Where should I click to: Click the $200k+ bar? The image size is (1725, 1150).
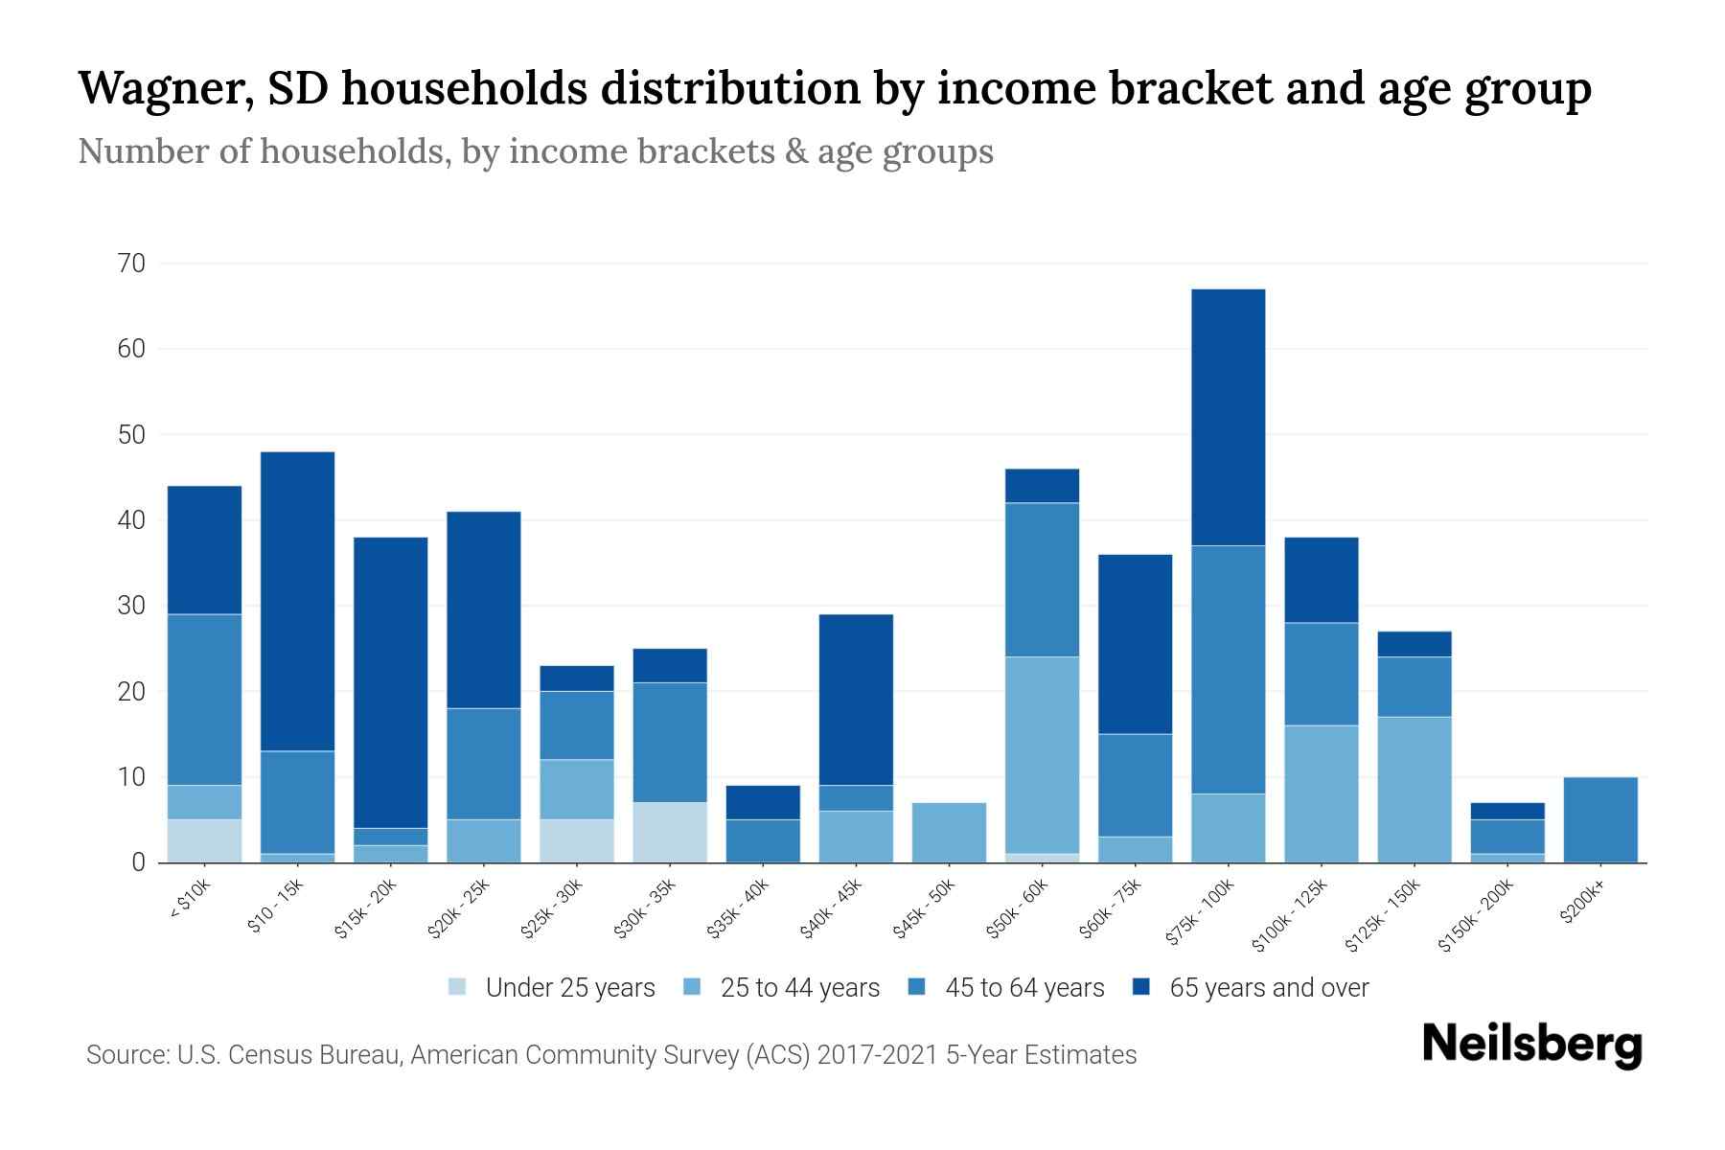pos(1599,819)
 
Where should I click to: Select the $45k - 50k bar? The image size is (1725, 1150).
pos(949,832)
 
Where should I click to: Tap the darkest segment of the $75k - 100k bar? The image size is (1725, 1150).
pos(1228,417)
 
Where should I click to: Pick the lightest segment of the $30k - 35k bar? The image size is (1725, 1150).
pos(670,832)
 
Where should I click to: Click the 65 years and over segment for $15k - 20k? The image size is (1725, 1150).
pos(390,682)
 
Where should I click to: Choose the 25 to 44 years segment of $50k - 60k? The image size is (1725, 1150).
pos(1042,755)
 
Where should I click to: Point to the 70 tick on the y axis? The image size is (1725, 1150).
pos(132,264)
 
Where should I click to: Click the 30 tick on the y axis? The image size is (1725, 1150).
pos(132,606)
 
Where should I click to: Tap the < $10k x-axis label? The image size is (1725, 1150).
pos(190,899)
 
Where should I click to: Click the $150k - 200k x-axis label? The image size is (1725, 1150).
pos(1477,915)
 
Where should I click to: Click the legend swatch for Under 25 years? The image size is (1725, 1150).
pos(458,987)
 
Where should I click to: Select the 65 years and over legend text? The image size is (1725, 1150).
pos(1269,987)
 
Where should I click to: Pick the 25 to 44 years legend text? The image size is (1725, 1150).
pos(799,987)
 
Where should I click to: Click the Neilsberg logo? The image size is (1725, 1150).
pos(1531,1045)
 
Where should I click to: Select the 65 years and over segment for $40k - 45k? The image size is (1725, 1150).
pos(856,700)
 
